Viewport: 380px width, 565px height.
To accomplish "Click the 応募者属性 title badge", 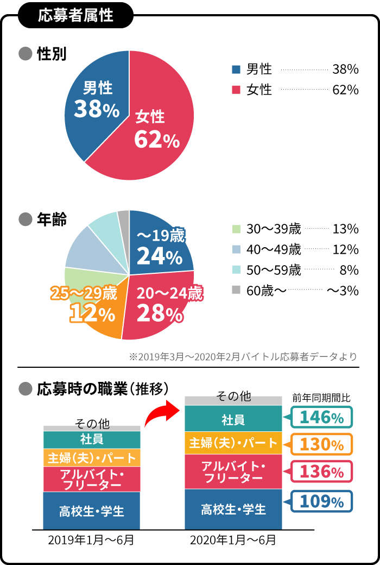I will click(x=75, y=15).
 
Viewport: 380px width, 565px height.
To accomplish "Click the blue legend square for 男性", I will click(x=236, y=70).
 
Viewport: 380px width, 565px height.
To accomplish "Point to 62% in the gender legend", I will click(x=345, y=90).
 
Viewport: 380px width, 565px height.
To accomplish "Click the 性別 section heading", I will click(x=52, y=54).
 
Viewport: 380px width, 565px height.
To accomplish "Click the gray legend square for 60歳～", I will click(x=236, y=290).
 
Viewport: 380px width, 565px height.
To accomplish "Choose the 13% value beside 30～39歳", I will click(x=345, y=229).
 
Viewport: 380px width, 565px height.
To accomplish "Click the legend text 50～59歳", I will click(x=274, y=270).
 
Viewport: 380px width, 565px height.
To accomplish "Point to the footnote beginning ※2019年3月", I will click(x=243, y=357).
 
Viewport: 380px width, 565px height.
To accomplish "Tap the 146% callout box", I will click(x=321, y=418).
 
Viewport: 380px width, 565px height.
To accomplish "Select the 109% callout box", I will click(x=321, y=501).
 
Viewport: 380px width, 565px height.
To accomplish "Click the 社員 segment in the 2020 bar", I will click(x=233, y=419).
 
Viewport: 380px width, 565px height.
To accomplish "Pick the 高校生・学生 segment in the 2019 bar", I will click(x=92, y=511).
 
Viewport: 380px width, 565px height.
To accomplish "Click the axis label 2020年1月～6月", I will click(x=233, y=541).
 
